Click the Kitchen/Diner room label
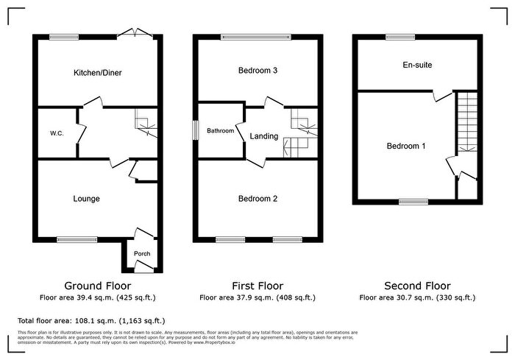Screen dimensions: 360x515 pyautogui.click(x=97, y=73)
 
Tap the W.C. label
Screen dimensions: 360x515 pyautogui.click(x=55, y=133)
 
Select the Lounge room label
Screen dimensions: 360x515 pyautogui.click(x=86, y=199)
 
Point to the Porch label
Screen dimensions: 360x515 pyautogui.click(x=141, y=255)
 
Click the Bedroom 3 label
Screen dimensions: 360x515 pyautogui.click(x=257, y=71)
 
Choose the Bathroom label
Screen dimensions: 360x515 pyautogui.click(x=220, y=131)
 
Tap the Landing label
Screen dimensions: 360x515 pyautogui.click(x=264, y=136)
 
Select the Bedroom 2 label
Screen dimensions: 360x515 pyautogui.click(x=257, y=199)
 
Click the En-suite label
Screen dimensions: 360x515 pyautogui.click(x=417, y=65)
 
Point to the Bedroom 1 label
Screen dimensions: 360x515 pyautogui.click(x=406, y=146)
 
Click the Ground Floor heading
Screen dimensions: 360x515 pyautogui.click(x=97, y=286)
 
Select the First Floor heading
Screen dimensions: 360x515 pyautogui.click(x=257, y=286)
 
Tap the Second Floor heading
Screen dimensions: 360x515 pyautogui.click(x=417, y=286)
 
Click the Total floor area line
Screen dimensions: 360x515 pyautogui.click(x=91, y=321)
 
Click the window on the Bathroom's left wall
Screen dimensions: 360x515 pyautogui.click(x=195, y=129)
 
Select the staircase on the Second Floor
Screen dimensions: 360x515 pyautogui.click(x=466, y=121)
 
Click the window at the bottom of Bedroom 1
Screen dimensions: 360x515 pyautogui.click(x=413, y=201)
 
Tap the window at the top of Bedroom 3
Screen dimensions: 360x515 pyautogui.click(x=257, y=37)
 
